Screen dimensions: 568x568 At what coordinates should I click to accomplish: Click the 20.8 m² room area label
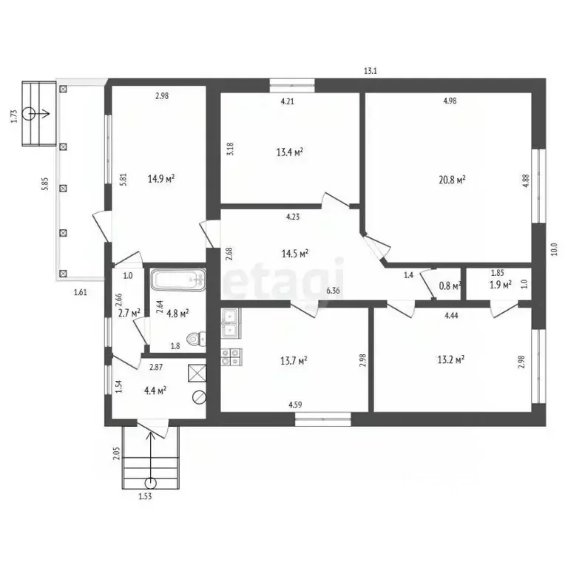(452, 180)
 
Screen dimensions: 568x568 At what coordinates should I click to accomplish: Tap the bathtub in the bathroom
(178, 280)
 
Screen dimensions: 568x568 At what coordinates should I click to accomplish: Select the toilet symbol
(195, 339)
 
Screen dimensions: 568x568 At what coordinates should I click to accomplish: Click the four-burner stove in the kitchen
(231, 356)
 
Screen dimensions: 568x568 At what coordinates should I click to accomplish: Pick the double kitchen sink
(231, 323)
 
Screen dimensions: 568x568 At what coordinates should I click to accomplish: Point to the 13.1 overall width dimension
(371, 71)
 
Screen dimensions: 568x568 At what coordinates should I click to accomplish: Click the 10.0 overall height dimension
(554, 249)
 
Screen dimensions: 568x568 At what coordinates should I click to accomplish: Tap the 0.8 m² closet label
(450, 285)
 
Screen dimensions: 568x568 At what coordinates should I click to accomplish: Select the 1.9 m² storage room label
(500, 285)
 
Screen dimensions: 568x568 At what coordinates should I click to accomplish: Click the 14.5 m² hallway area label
(294, 253)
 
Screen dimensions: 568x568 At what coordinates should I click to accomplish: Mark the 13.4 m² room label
(289, 152)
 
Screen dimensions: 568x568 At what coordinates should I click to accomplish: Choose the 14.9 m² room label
(160, 178)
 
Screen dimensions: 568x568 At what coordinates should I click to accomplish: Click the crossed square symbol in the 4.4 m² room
(197, 373)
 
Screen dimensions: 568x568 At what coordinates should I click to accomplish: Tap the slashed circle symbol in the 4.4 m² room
(199, 397)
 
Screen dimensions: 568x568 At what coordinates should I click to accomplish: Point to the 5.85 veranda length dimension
(44, 184)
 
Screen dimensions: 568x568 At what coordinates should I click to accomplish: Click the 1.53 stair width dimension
(145, 496)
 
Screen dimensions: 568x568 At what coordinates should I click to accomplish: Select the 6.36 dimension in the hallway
(333, 291)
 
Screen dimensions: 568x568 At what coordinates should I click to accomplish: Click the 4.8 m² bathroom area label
(177, 314)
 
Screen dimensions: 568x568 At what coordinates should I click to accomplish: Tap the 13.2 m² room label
(451, 359)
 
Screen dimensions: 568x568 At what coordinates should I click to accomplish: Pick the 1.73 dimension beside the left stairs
(14, 116)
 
